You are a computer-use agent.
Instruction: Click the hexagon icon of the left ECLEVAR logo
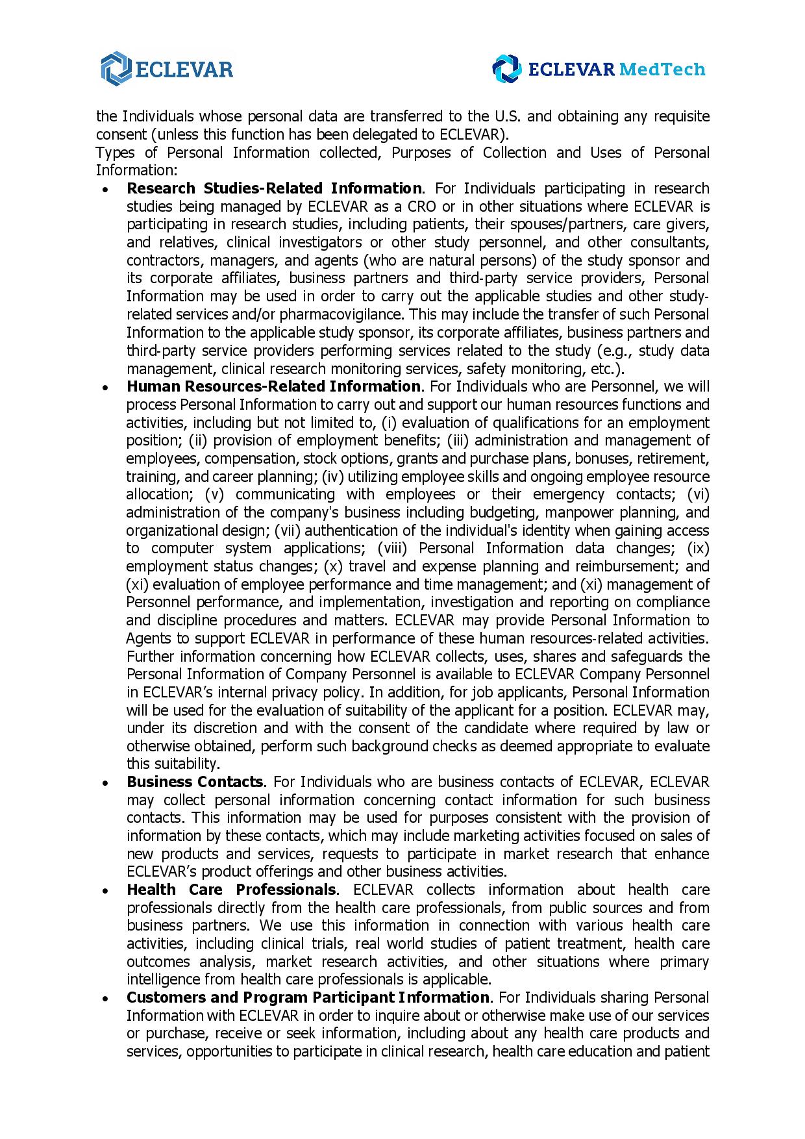click(116, 69)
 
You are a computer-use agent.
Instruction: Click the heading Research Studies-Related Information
click(274, 188)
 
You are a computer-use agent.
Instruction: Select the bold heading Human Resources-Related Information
click(273, 386)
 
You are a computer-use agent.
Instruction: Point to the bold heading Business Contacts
click(195, 782)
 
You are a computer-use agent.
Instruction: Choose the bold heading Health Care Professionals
click(231, 890)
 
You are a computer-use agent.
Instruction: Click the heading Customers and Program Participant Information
click(308, 997)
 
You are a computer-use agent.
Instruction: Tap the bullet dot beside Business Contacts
click(105, 783)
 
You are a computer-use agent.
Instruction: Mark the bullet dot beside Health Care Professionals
click(105, 891)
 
